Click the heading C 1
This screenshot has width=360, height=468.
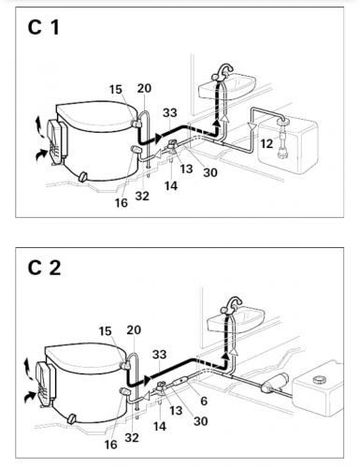43,27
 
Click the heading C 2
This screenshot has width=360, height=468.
44,268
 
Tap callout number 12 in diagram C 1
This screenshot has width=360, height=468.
266,143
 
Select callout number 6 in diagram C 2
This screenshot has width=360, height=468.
204,401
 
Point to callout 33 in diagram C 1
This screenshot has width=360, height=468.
169,112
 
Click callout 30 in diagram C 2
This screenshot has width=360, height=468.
200,421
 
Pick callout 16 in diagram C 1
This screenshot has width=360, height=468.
122,203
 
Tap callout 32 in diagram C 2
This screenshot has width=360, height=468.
132,438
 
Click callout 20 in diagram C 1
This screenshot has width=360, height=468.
144,88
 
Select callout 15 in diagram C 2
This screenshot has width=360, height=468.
105,331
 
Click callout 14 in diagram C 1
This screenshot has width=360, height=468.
171,186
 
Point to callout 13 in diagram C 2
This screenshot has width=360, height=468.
176,410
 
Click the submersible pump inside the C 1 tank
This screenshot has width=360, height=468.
282,139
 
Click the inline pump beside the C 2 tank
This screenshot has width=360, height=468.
275,382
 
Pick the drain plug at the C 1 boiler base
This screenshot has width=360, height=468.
83,177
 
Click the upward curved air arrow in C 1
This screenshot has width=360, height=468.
39,126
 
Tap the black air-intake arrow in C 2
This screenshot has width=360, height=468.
30,396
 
